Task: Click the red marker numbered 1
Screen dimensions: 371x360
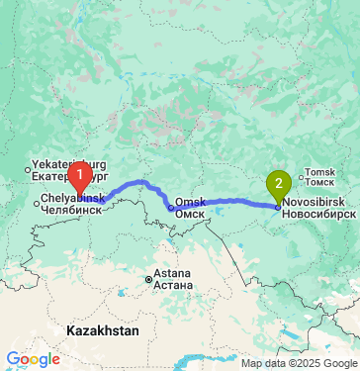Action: [x=81, y=175]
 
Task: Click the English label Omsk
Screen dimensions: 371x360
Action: [x=190, y=202]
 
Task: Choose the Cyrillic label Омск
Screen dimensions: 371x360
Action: [x=190, y=214]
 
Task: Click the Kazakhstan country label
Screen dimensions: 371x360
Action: [x=104, y=327]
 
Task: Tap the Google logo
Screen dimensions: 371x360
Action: [x=33, y=358]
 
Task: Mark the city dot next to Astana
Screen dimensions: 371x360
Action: [x=149, y=279]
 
